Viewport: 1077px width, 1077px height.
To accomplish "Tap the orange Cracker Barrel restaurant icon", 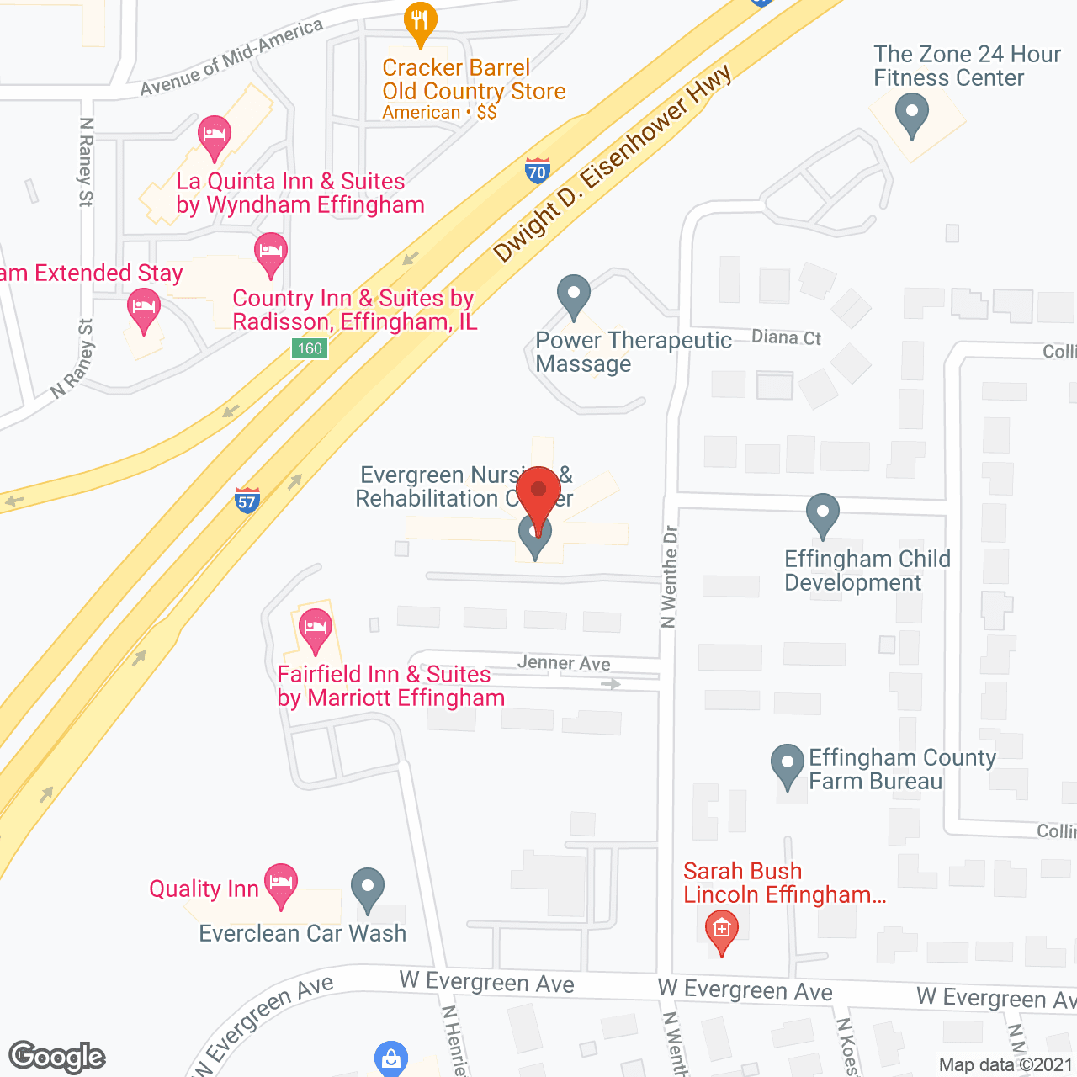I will tap(420, 23).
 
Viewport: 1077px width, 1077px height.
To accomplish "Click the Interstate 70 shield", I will tap(537, 171).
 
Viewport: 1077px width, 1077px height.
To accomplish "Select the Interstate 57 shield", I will tap(247, 501).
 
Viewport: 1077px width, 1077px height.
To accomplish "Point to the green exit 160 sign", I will tap(310, 348).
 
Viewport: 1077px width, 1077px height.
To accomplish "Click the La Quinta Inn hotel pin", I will tap(215, 136).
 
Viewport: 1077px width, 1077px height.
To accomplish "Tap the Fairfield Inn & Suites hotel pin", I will tap(316, 629).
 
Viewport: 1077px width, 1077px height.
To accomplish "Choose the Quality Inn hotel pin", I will tap(281, 883).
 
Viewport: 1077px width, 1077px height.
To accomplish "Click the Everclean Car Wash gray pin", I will tap(367, 889).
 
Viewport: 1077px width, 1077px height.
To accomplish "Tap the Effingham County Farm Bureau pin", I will tap(788, 765).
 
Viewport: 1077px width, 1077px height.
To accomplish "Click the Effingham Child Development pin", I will tap(823, 514).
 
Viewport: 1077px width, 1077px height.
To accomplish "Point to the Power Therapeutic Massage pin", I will tap(574, 295).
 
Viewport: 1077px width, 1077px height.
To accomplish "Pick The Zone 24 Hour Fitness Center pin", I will tap(912, 114).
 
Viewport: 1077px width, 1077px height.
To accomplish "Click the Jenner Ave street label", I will tap(564, 663).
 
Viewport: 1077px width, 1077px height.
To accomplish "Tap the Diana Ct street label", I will tap(786, 337).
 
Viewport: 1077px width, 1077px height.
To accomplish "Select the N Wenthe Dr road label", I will tap(670, 576).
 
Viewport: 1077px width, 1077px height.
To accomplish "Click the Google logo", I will tap(57, 1057).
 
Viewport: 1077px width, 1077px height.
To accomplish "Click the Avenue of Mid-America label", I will tap(231, 57).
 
